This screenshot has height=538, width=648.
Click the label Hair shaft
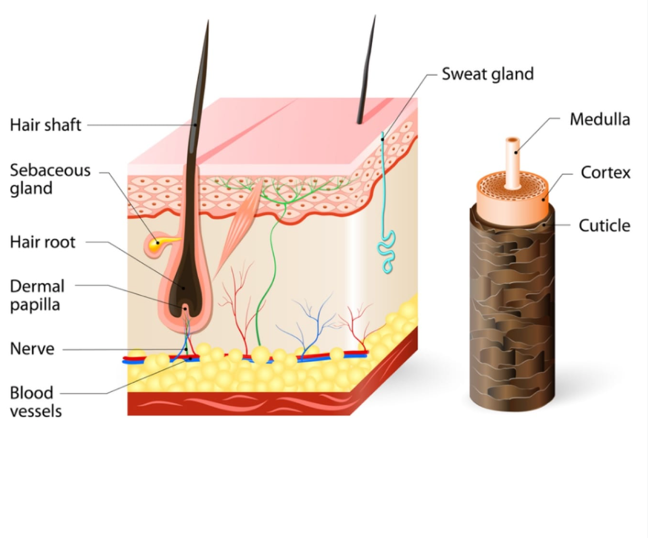[46, 125]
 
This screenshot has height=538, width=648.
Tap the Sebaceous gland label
[50, 179]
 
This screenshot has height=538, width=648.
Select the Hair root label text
[43, 241]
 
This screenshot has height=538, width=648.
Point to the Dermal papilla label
[37, 295]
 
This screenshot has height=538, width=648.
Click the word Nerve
[32, 349]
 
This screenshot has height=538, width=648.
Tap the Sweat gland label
[488, 74]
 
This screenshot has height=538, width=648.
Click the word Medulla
[600, 119]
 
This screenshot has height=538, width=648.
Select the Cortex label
[606, 173]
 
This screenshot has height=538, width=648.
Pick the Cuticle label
[604, 225]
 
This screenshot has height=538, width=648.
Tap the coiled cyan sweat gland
[388, 251]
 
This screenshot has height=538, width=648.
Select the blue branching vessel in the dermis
[306, 325]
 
